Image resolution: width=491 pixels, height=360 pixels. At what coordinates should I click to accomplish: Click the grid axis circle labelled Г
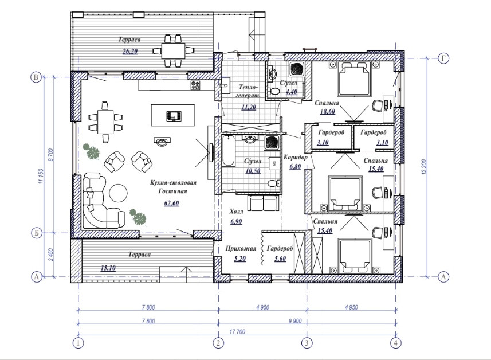[443, 58]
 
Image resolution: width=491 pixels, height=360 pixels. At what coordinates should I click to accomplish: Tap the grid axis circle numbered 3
[307, 342]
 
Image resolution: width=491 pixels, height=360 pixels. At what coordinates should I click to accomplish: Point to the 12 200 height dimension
[424, 167]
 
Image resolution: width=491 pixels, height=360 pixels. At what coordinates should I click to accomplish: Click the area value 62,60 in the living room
[172, 203]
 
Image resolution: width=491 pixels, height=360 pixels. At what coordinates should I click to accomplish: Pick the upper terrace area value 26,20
[130, 52]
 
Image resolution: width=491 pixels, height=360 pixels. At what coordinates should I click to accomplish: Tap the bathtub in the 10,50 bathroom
[229, 151]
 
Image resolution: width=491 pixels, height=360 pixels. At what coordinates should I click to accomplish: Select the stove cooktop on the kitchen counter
[195, 85]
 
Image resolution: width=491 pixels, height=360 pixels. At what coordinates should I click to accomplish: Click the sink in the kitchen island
[173, 116]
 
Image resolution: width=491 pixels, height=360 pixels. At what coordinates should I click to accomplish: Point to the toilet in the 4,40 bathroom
[274, 92]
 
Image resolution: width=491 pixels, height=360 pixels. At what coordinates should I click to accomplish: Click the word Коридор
[295, 157]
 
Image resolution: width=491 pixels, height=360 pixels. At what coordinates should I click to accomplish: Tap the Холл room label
[237, 212]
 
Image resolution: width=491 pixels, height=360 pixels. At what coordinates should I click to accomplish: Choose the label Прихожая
[241, 248]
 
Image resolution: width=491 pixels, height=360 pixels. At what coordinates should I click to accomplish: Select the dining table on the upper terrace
[173, 51]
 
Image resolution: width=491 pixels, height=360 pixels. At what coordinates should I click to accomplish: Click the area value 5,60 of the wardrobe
[280, 259]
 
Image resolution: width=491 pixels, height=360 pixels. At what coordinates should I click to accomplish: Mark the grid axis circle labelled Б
[37, 233]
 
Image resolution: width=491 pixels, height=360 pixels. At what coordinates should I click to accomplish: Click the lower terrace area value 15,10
[108, 268]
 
